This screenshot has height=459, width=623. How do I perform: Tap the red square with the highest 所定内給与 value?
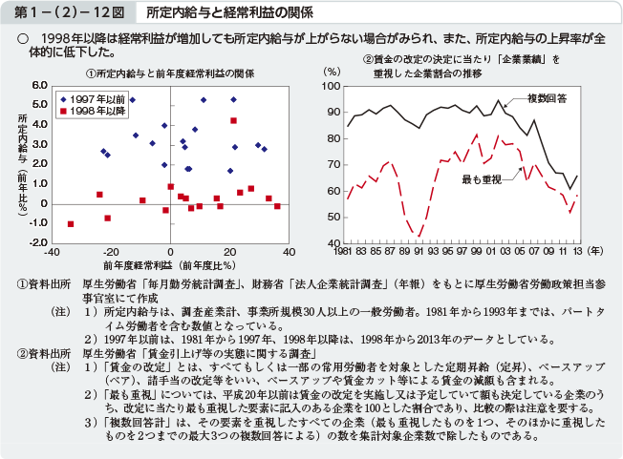(x=233, y=120)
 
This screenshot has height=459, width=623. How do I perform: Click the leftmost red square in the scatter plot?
(x=71, y=224)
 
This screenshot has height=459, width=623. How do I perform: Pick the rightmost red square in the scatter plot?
(x=277, y=206)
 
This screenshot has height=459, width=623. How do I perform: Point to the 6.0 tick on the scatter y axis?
(x=39, y=85)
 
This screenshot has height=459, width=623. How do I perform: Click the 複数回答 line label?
(x=548, y=98)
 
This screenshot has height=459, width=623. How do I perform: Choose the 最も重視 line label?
(x=482, y=179)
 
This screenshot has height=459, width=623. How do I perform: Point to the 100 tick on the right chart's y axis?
(x=333, y=86)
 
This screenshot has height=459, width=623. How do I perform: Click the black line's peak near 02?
(x=498, y=100)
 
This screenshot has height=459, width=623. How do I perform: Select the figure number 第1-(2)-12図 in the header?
(x=64, y=12)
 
